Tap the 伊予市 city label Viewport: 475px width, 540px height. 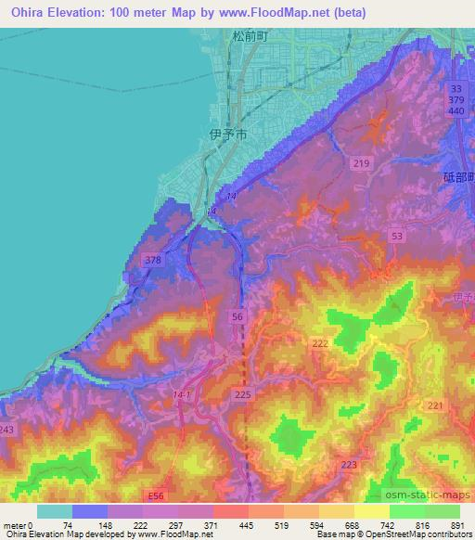click(227, 135)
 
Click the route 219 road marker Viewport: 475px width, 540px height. click(360, 164)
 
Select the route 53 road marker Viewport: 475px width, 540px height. click(397, 238)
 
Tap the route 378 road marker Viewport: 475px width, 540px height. click(154, 261)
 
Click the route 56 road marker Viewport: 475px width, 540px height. click(238, 317)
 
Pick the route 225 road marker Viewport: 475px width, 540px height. click(243, 395)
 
